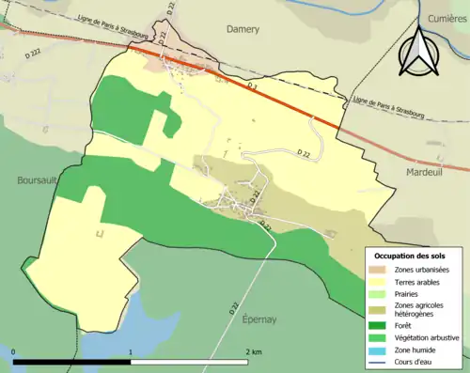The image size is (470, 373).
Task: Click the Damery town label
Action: coord(243,29)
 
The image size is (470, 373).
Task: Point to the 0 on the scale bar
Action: coord(14,351)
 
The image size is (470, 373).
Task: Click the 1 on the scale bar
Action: coord(130,351)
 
